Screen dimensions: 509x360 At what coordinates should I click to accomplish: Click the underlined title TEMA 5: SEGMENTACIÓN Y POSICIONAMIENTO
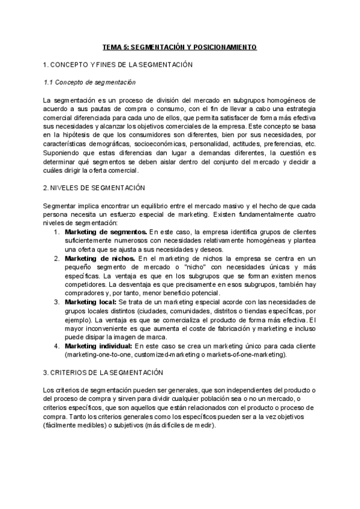pyautogui.click(x=180, y=47)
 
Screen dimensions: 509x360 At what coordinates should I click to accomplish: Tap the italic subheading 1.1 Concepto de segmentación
pyautogui.click(x=89, y=82)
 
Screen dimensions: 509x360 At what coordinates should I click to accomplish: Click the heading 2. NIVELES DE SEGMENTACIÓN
pyautogui.click(x=94, y=188)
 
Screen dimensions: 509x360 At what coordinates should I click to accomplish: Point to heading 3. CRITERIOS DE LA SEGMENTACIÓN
pyautogui.click(x=103, y=373)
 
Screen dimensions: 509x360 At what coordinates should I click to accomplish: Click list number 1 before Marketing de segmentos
pyautogui.click(x=56, y=231)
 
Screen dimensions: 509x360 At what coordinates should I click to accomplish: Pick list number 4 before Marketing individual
pyautogui.click(x=56, y=346)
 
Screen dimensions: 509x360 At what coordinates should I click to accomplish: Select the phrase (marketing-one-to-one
pyautogui.click(x=101, y=354)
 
